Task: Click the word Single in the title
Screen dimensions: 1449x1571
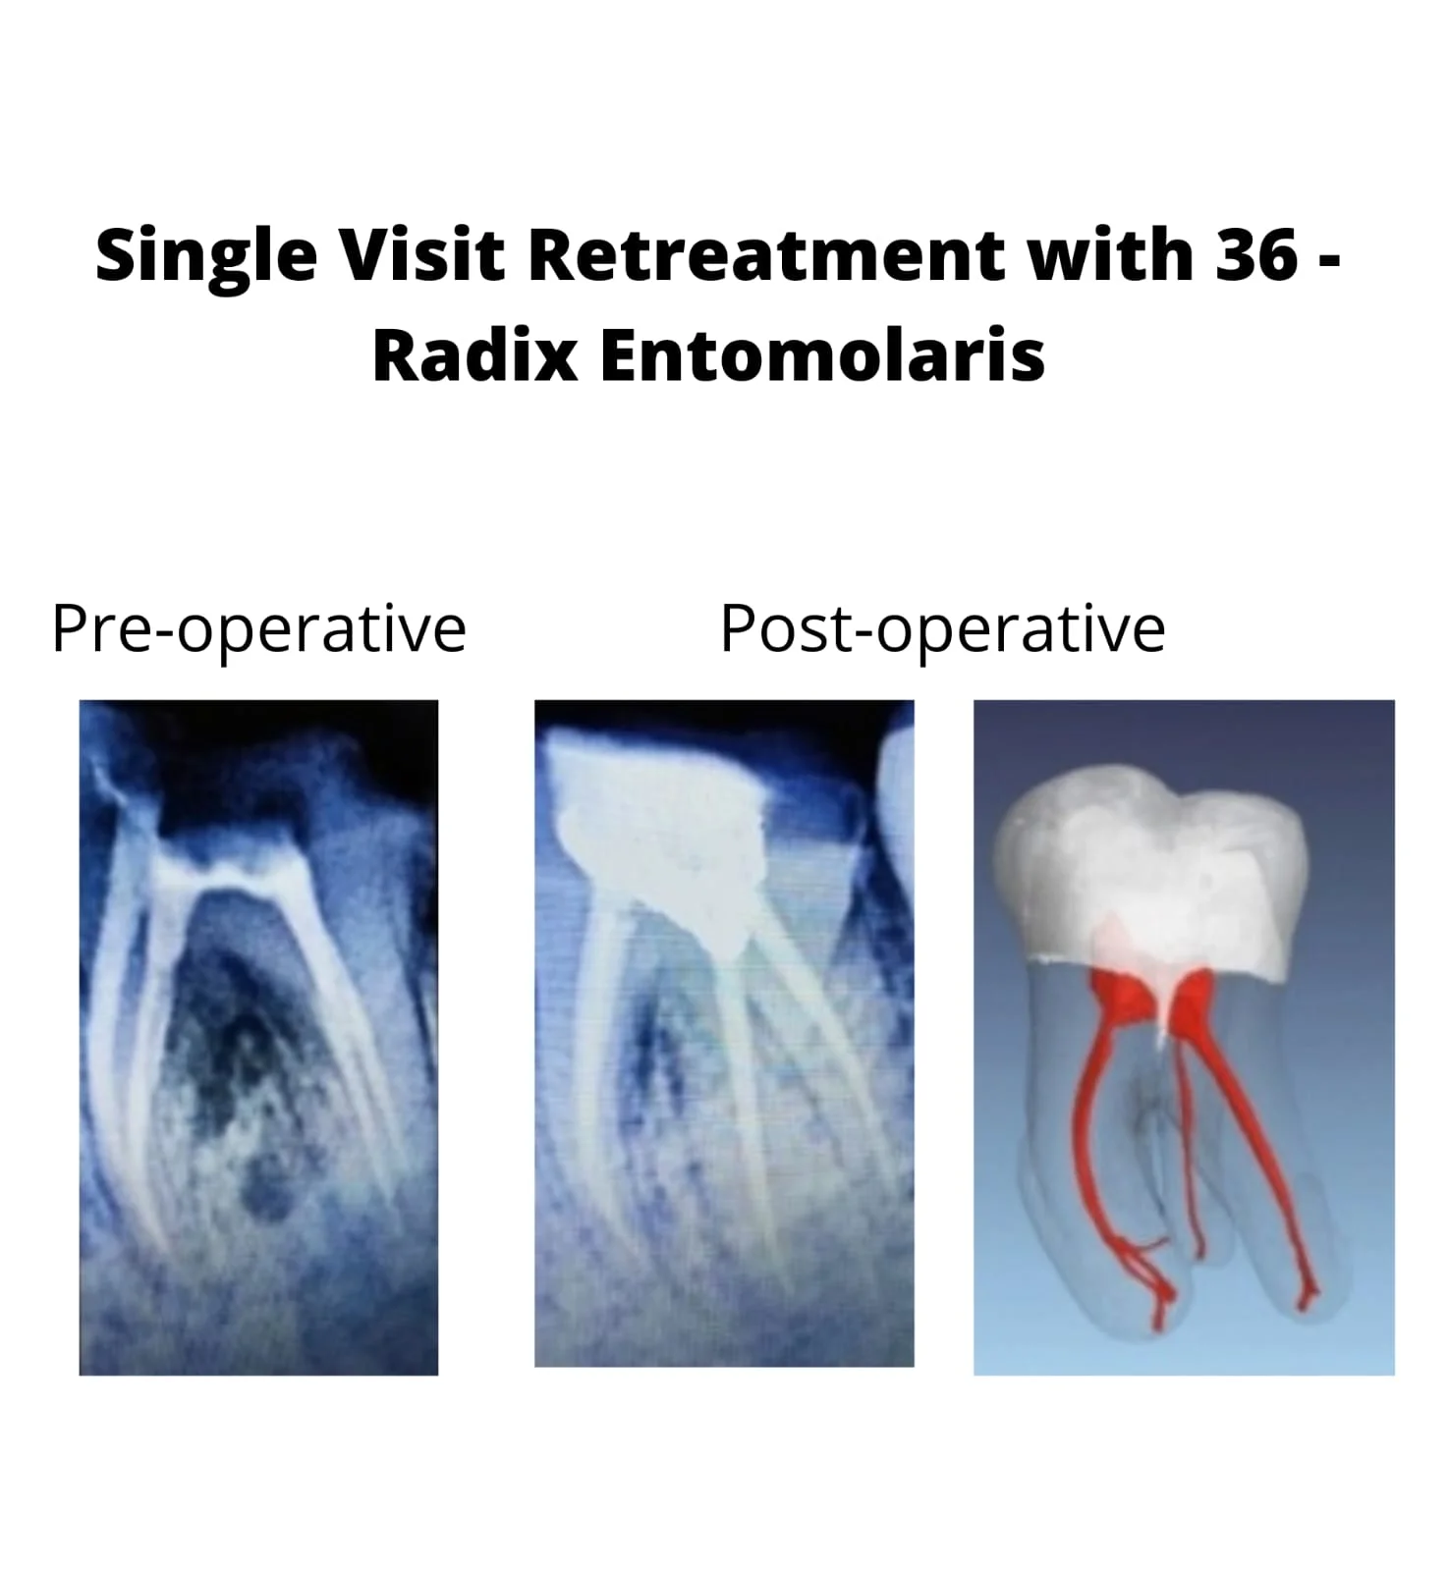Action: pyautogui.click(x=206, y=255)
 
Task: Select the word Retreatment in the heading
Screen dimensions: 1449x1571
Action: pyautogui.click(x=765, y=253)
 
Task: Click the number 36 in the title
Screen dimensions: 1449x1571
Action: pyautogui.click(x=1256, y=254)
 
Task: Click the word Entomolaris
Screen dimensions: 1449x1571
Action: pyautogui.click(x=822, y=354)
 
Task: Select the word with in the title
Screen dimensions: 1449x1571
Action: pyautogui.click(x=1109, y=253)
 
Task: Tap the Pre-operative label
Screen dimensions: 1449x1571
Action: pyautogui.click(x=258, y=629)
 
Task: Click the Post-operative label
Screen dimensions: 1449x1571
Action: pyautogui.click(x=942, y=629)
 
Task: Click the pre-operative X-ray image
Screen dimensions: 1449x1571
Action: pyautogui.click(x=258, y=1037)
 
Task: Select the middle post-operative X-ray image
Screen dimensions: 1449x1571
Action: pyautogui.click(x=724, y=1033)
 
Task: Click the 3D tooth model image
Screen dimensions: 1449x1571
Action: pyautogui.click(x=1184, y=1037)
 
